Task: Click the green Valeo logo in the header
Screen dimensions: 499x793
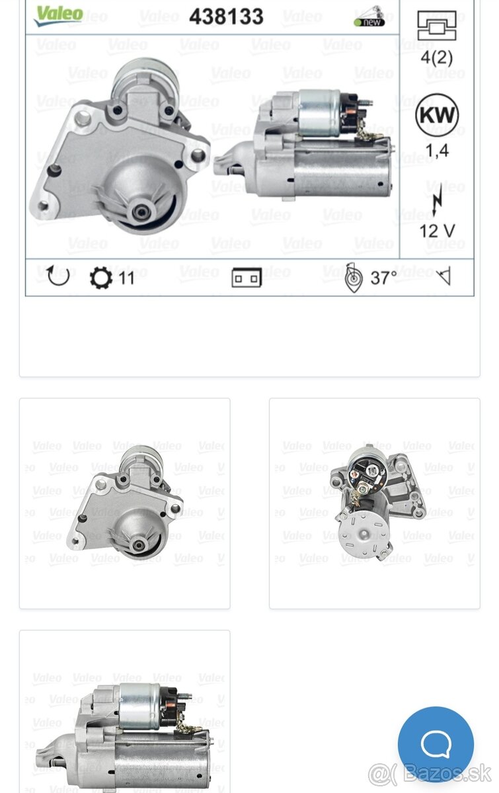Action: click(x=59, y=16)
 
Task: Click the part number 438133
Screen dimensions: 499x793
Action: click(x=226, y=17)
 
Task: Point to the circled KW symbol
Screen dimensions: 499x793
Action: click(x=437, y=115)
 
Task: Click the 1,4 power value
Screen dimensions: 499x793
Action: click(x=438, y=151)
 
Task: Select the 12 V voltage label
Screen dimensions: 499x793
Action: click(x=437, y=231)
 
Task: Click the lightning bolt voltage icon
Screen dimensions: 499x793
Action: click(x=438, y=199)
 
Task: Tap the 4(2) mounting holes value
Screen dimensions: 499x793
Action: click(x=437, y=57)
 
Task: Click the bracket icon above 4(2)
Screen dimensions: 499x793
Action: click(x=437, y=26)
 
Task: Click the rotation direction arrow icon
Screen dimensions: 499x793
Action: click(x=58, y=276)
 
